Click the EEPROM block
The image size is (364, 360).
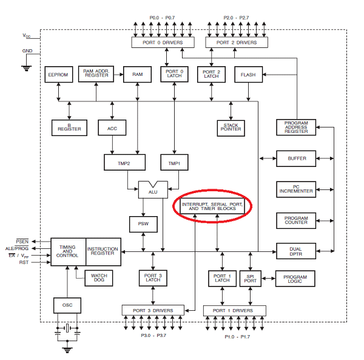pos(58,75)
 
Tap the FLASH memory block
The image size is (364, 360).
pos(248,75)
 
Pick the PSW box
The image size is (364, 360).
pos(143,224)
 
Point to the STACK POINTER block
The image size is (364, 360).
pos(230,127)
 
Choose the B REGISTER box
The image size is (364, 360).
pos(70,127)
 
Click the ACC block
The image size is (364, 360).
pos(112,128)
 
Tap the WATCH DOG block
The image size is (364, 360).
pos(99,278)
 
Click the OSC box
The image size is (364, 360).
pos(67,305)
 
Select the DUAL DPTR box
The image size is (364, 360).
pos(296,250)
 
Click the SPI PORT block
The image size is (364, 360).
pos(250,279)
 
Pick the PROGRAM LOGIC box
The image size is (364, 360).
pos(296,279)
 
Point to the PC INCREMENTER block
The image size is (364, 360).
pos(296,189)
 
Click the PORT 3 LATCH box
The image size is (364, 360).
pos(152,277)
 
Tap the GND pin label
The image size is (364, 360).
pos(28,51)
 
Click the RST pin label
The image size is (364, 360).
pos(23,263)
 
